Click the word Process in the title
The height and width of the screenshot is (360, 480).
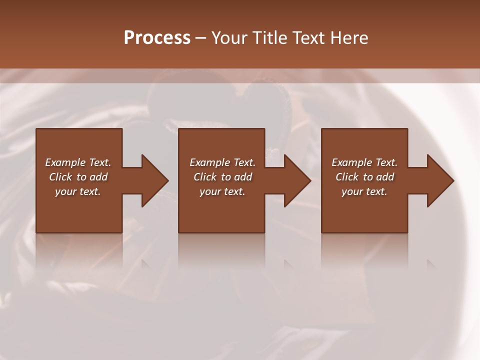[x=157, y=38]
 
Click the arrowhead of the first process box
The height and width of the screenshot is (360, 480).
[x=152, y=180]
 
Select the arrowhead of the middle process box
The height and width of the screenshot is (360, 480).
[x=294, y=180]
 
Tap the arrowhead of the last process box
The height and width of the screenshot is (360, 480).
[x=437, y=180]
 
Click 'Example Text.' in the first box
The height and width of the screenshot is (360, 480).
[x=78, y=162]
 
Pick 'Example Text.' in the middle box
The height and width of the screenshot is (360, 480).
[x=222, y=162]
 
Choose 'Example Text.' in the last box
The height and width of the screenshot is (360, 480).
[x=364, y=162]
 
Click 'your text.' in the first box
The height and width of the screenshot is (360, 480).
[x=78, y=191]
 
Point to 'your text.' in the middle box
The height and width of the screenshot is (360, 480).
[x=222, y=191]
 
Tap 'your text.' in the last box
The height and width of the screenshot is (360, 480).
[x=364, y=191]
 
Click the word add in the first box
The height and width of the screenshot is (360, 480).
[x=98, y=177]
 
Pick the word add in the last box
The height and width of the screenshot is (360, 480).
[x=385, y=177]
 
